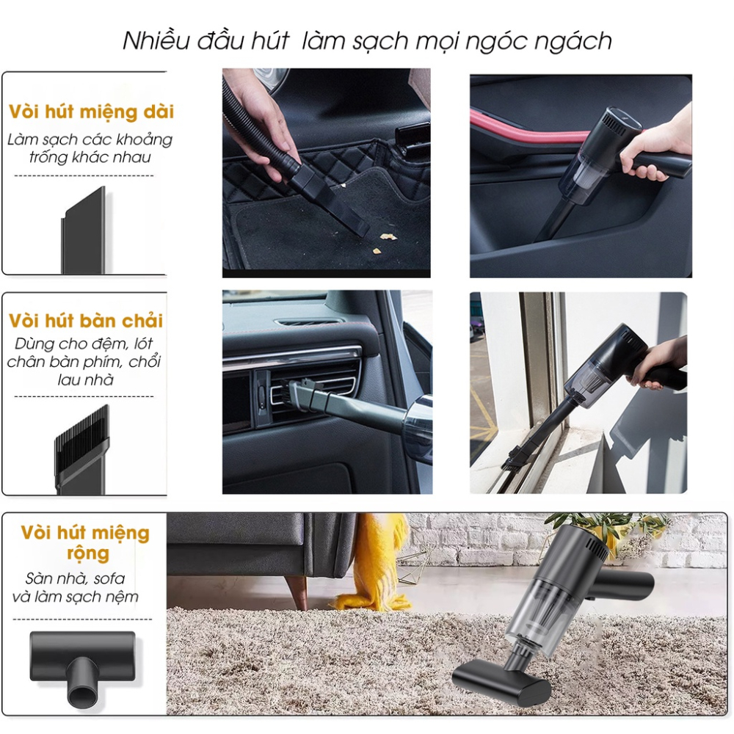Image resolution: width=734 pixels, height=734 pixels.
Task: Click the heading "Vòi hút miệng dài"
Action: (91, 112)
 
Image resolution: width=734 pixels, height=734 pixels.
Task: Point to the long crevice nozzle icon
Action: (83, 230)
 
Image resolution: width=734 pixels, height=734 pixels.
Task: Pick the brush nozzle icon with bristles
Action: (80, 448)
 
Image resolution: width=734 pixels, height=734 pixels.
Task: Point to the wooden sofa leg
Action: (297, 591)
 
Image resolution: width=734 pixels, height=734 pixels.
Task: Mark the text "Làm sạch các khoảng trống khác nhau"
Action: (90, 148)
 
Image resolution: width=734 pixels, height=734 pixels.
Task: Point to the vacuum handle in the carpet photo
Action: (624, 583)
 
